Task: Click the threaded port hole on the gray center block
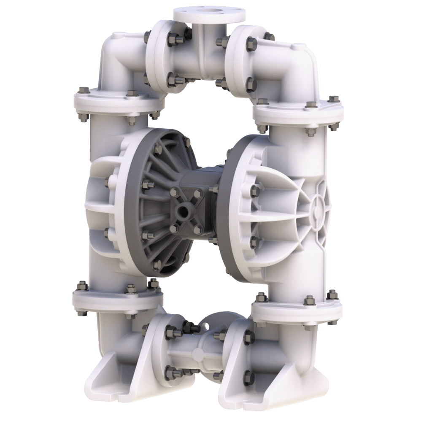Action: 183,210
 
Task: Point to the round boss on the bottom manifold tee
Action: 197,354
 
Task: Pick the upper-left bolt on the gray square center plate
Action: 173,192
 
